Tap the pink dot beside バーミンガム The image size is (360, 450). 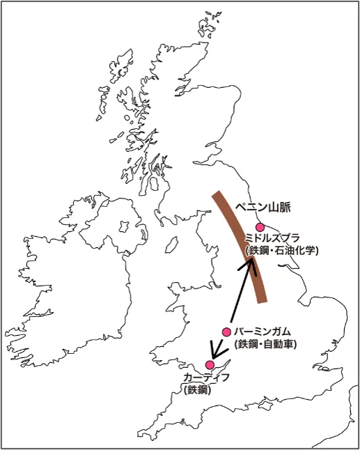226,332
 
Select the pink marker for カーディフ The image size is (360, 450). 210,364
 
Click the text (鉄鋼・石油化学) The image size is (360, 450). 281,250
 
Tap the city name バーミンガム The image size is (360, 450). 262,332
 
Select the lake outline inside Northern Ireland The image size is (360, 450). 125,226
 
